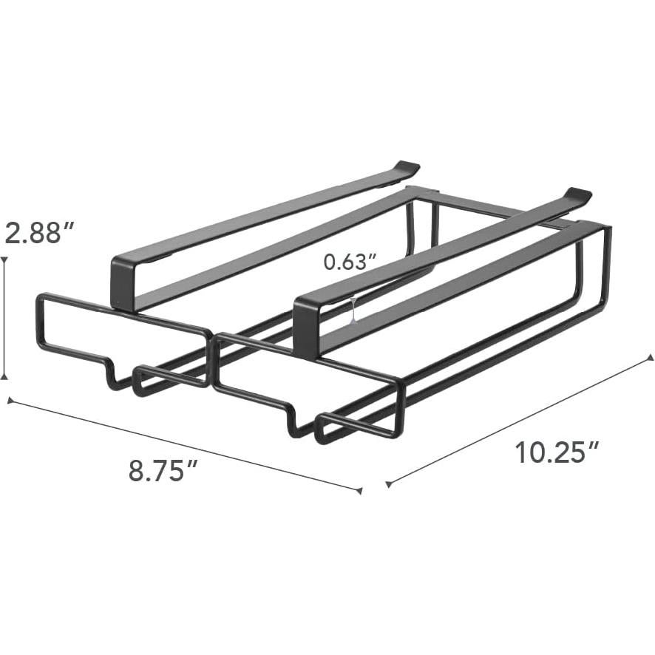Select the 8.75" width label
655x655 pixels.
[164, 470]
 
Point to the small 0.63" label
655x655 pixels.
[350, 261]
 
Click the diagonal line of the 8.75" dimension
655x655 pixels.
[185, 445]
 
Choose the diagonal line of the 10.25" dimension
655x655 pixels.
[517, 421]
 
